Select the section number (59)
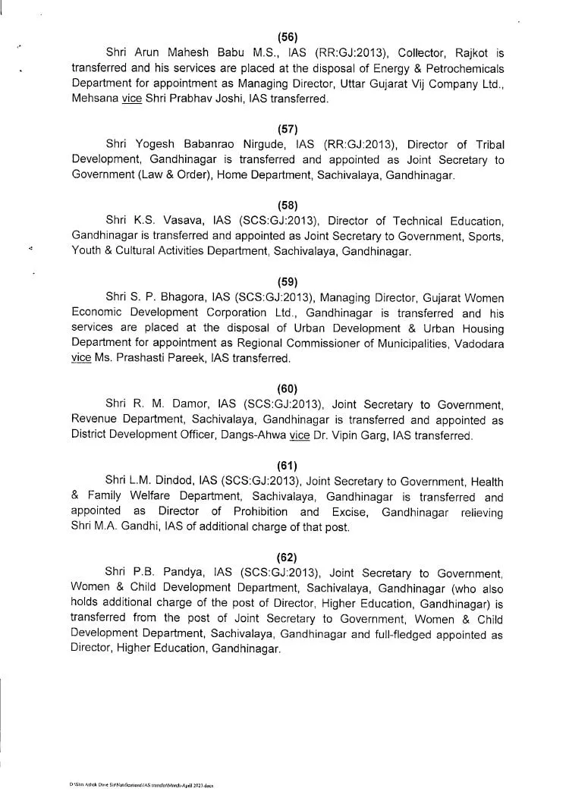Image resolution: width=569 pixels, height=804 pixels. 288,281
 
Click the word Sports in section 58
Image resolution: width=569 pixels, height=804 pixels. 483,237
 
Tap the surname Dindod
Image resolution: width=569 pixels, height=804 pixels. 167,482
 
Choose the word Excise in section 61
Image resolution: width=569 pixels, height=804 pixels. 345,512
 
